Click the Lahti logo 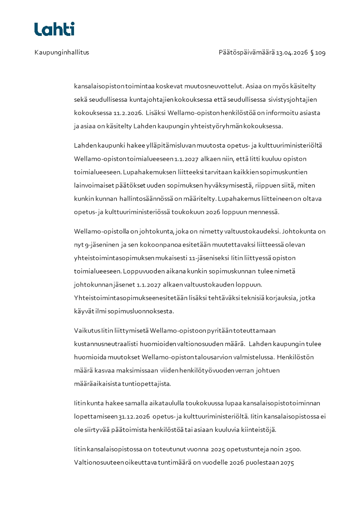click(54, 29)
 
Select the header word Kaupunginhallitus click(62, 52)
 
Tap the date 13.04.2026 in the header click(292, 52)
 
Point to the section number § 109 click(318, 52)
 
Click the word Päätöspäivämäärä click(246, 52)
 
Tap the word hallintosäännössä click(148, 198)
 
